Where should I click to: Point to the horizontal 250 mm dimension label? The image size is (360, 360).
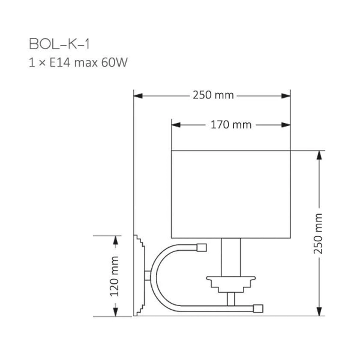pyautogui.click(x=213, y=95)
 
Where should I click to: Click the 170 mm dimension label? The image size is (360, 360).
pyautogui.click(x=231, y=125)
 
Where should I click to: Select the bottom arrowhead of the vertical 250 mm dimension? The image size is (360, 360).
pyautogui.click(x=318, y=312)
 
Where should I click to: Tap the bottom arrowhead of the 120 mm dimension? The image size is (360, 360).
pyautogui.click(x=115, y=312)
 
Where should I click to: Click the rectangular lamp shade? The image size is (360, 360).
pyautogui.click(x=231, y=193)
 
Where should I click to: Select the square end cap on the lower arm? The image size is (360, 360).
pyautogui.click(x=259, y=308)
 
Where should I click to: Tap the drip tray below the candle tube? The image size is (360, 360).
pyautogui.click(x=231, y=280)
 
